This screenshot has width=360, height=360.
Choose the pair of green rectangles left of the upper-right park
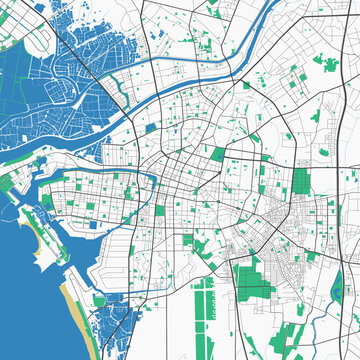pyautogui.click(x=294, y=78)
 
